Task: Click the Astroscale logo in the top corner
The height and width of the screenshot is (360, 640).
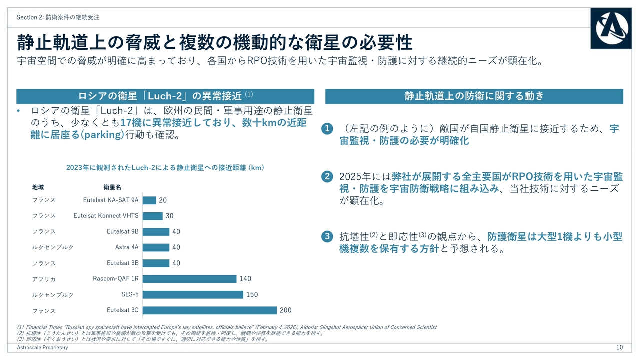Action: pyautogui.click(x=610, y=28)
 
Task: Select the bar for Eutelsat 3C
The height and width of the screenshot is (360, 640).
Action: pyautogui.click(x=209, y=310)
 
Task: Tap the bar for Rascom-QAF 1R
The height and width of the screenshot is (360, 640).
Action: pyautogui.click(x=189, y=279)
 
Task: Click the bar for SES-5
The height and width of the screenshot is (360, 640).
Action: pyautogui.click(x=193, y=294)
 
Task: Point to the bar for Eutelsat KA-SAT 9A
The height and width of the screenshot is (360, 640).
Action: pyautogui.click(x=149, y=200)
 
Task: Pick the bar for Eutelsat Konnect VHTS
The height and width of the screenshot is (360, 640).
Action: pyautogui.click(x=152, y=216)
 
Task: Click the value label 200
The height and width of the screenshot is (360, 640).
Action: pyautogui.click(x=285, y=310)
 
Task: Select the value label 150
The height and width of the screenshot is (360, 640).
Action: pyautogui.click(x=252, y=294)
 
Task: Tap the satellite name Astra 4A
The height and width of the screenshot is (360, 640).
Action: pyautogui.click(x=127, y=247)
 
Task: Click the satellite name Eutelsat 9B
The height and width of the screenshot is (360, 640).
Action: pyautogui.click(x=122, y=231)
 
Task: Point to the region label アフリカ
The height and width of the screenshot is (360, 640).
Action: pyautogui.click(x=44, y=279)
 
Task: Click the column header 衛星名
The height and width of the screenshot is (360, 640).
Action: pyautogui.click(x=112, y=187)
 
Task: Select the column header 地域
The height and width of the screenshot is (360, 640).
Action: pyautogui.click(x=38, y=187)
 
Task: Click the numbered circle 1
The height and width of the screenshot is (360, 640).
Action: pyautogui.click(x=327, y=129)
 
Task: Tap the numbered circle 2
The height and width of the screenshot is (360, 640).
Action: pyautogui.click(x=327, y=177)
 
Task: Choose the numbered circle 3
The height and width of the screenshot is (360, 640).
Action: pyautogui.click(x=327, y=237)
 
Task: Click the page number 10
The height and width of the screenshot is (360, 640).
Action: pyautogui.click(x=619, y=347)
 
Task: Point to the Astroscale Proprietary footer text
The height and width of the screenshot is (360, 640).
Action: pyautogui.click(x=42, y=347)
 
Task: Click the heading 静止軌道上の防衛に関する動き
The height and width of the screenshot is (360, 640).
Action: pyautogui.click(x=474, y=96)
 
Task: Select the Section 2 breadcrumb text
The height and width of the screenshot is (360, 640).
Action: pyautogui.click(x=58, y=17)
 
